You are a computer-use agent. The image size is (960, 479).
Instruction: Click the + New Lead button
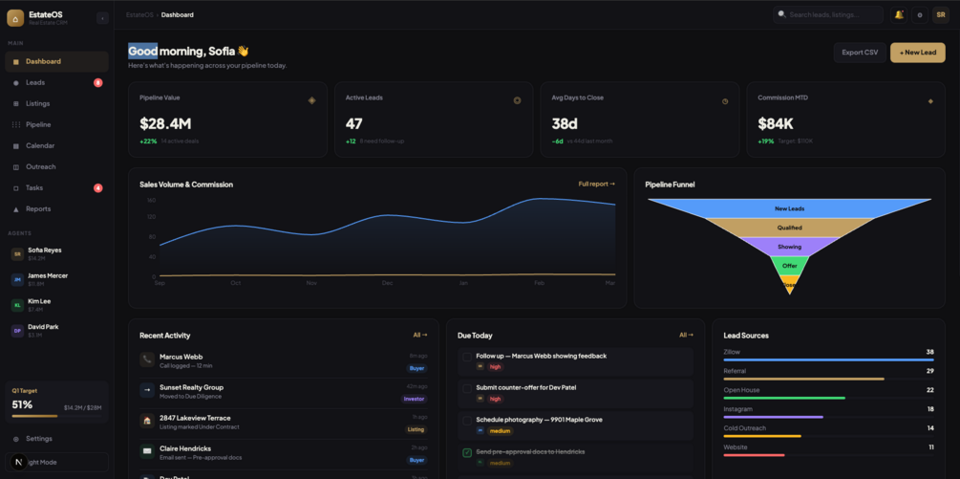click(x=917, y=53)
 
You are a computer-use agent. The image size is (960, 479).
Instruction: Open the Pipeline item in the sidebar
click(x=38, y=124)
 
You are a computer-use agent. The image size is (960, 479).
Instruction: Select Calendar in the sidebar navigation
click(x=40, y=145)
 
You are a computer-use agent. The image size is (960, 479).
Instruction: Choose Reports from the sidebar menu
click(x=38, y=208)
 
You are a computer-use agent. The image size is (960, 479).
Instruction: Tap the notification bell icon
click(x=899, y=14)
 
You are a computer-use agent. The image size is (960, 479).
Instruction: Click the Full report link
click(x=596, y=184)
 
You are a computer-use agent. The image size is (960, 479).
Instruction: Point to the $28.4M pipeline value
click(x=165, y=123)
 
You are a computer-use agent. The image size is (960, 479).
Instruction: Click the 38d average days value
click(x=565, y=123)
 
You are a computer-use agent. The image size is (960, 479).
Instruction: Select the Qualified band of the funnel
click(x=789, y=228)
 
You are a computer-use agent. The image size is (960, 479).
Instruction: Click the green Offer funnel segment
click(x=789, y=265)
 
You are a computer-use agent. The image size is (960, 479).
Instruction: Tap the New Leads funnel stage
click(x=789, y=208)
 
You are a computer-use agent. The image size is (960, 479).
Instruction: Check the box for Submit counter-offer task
click(x=467, y=388)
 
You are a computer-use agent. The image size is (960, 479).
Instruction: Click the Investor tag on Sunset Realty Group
click(x=415, y=399)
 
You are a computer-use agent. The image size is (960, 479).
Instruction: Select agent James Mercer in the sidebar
click(x=48, y=275)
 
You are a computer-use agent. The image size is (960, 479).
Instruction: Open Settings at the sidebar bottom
click(x=39, y=439)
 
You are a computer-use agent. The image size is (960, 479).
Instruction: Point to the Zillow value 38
click(x=929, y=352)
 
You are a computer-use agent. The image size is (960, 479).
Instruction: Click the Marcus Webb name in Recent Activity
click(x=181, y=357)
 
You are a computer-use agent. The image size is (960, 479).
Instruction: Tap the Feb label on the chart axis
click(x=539, y=283)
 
